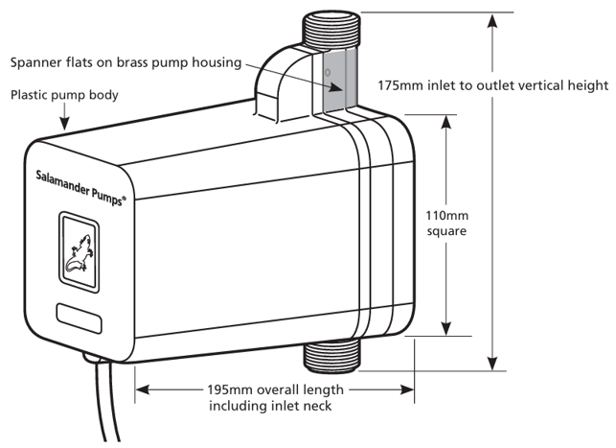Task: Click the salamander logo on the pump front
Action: (80, 252)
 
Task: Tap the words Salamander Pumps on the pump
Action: (80, 188)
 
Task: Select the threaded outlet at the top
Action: (331, 31)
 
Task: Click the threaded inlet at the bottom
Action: (332, 355)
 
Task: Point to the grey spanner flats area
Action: (340, 80)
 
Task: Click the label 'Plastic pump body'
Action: (64, 95)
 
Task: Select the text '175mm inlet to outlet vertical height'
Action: (493, 85)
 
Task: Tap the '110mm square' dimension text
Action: (447, 223)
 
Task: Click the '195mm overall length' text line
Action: (275, 389)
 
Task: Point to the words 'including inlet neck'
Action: (270, 406)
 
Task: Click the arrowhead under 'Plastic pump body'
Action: (64, 124)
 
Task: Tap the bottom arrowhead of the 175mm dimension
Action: (492, 363)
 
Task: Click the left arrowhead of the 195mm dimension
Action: (142, 389)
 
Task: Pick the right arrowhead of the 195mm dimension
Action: (407, 389)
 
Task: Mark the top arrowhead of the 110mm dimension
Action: (445, 122)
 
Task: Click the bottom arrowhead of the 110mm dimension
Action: (445, 329)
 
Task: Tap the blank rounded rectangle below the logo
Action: (80, 318)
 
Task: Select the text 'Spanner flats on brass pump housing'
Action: (125, 62)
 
